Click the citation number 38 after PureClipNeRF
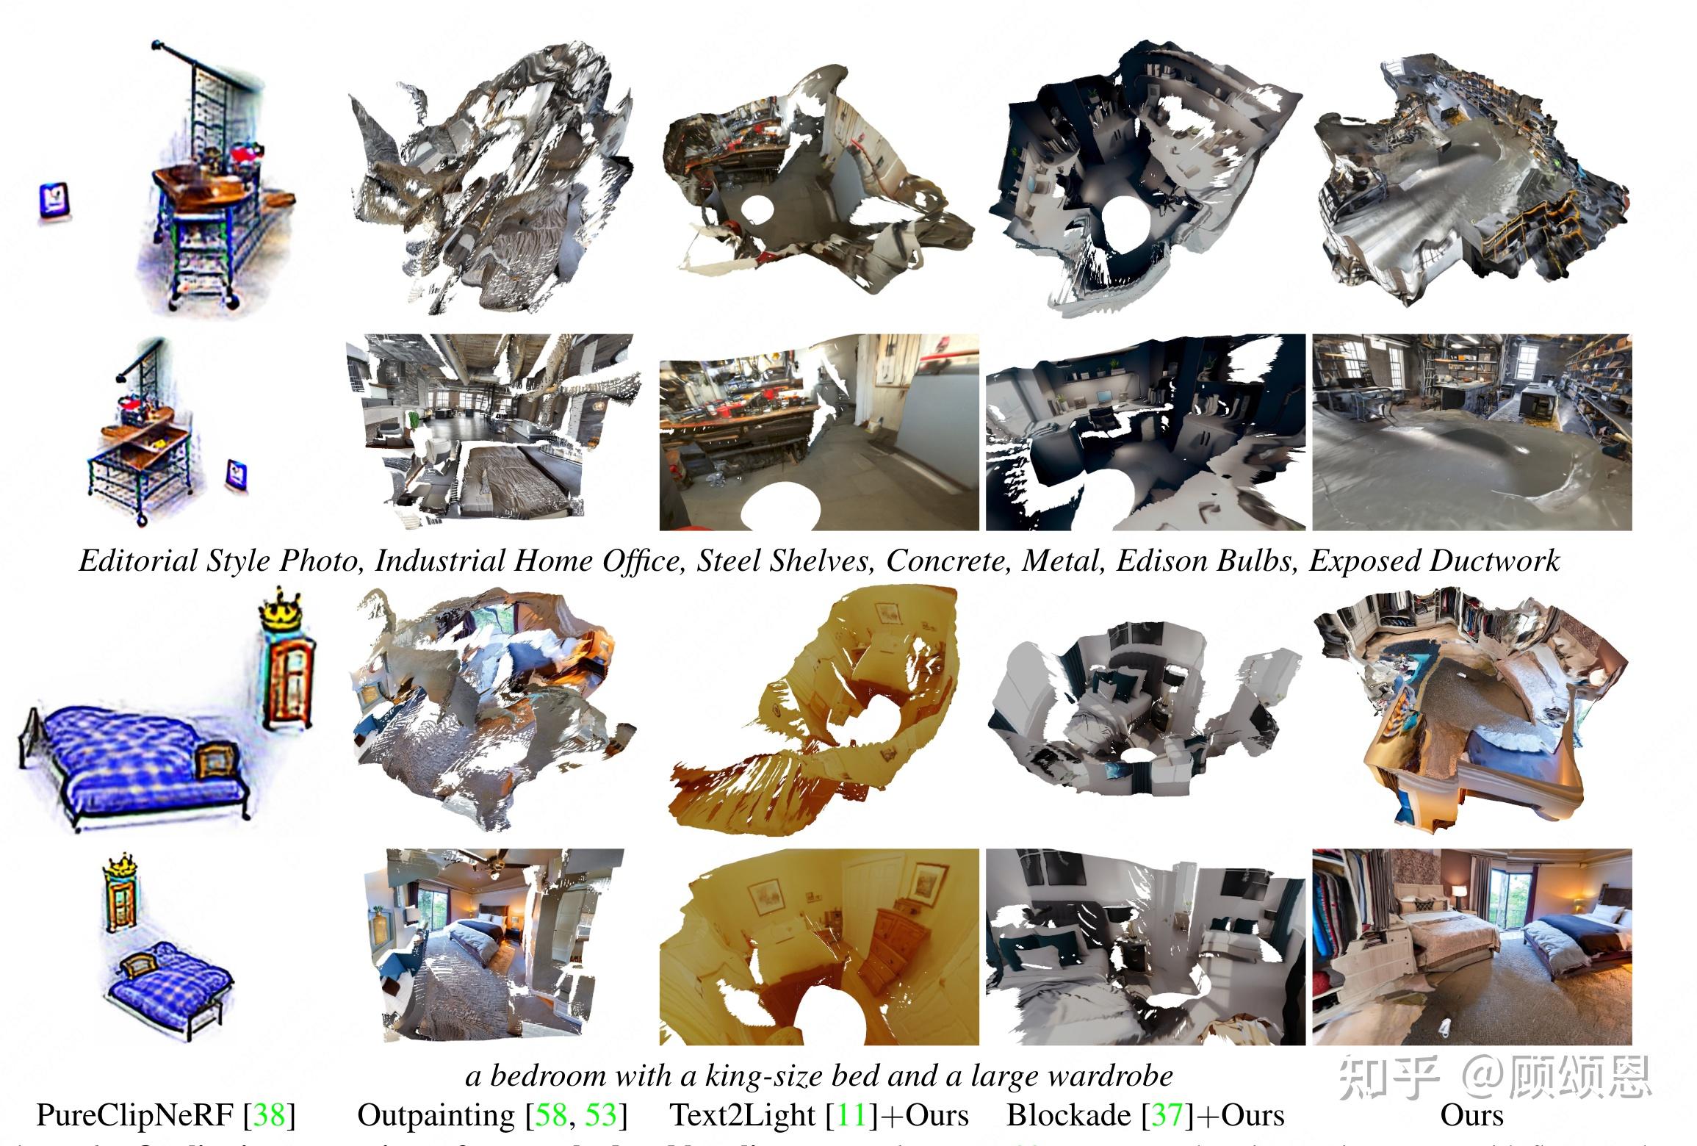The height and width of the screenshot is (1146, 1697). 269,1115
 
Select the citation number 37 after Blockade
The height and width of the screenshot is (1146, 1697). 1168,1115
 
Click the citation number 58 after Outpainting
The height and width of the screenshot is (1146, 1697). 550,1115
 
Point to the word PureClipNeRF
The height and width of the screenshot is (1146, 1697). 135,1115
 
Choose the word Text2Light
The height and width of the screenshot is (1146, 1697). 742,1115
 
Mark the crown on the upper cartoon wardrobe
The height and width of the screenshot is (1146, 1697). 282,610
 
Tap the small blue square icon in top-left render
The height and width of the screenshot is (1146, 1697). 55,201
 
